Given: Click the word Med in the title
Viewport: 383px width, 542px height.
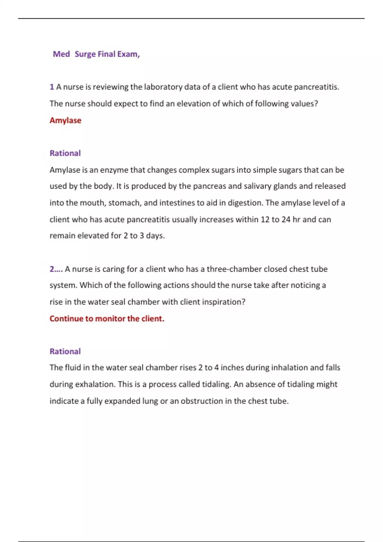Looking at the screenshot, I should pos(61,54).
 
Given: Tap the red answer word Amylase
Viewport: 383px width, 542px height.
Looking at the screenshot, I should pos(65,121).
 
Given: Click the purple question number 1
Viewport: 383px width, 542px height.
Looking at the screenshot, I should pos(52,87).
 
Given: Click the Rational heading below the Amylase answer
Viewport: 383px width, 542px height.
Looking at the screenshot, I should pos(65,153).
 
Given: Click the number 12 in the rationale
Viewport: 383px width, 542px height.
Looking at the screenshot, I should pos(265,220).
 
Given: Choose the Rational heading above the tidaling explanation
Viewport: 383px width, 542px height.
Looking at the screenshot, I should pos(65,351).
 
